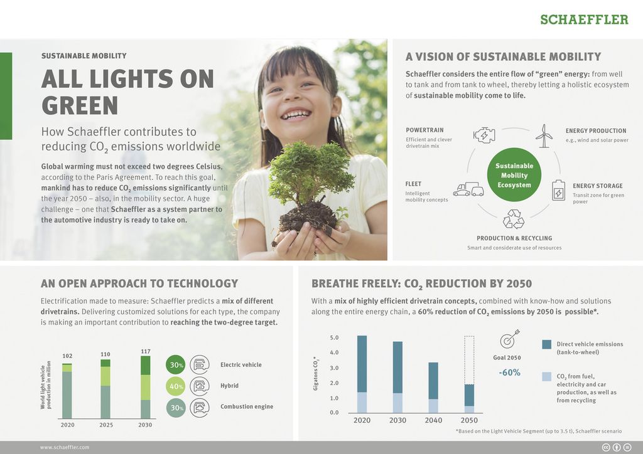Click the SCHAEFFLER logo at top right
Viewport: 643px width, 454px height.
(584, 19)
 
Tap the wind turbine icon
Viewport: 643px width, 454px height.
(544, 136)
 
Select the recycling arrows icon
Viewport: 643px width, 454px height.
(514, 219)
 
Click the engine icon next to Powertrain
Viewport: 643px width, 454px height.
(484, 135)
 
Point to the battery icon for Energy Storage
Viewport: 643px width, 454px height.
(558, 190)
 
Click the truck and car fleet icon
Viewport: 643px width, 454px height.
(468, 189)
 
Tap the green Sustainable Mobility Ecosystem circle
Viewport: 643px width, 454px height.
(514, 175)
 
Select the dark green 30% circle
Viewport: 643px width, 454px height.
(176, 365)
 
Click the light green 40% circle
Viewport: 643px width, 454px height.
(176, 386)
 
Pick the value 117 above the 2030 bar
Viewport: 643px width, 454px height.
(146, 351)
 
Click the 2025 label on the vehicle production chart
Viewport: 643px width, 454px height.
(105, 425)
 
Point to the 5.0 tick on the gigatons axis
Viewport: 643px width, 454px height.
(334, 338)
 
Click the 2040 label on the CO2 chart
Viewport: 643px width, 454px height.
(433, 420)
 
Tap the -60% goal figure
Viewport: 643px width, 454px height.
(510, 372)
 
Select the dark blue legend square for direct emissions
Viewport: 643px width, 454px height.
(547, 344)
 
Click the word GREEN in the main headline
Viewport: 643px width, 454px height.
(80, 105)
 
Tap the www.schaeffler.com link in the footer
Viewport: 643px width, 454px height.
(65, 448)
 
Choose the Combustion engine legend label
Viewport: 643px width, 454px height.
(247, 406)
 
